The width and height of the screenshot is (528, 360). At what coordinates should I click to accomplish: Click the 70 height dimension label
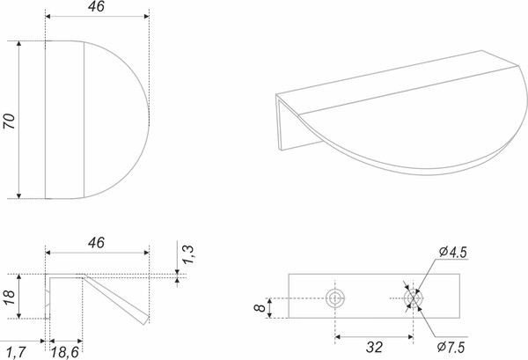[10, 121]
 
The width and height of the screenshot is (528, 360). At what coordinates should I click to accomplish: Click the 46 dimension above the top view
[96, 7]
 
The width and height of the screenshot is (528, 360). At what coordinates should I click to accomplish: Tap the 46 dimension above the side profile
[96, 243]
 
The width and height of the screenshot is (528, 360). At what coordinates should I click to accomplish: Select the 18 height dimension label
[10, 297]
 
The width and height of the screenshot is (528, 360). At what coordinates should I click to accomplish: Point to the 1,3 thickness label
[187, 254]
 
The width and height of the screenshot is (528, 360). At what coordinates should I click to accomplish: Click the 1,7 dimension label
[16, 353]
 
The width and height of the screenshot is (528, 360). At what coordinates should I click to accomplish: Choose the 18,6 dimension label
[64, 353]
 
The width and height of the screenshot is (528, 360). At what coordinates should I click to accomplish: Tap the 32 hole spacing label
[374, 347]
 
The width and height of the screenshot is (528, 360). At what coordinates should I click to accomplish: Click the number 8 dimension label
[260, 308]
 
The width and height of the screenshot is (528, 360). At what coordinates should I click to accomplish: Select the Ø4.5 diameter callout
[453, 253]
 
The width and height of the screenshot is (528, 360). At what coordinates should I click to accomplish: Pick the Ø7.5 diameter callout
[451, 347]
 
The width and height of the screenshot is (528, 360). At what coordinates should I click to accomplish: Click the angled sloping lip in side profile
[116, 299]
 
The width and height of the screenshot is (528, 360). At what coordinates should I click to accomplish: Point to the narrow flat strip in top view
[64, 120]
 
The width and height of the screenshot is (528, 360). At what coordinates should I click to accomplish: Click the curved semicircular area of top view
[116, 120]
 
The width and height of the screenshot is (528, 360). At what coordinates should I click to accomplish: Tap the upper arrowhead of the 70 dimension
[18, 44]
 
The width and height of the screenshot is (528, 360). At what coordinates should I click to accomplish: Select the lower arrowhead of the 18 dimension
[18, 315]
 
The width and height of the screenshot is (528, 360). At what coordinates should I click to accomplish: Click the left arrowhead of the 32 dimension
[338, 337]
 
